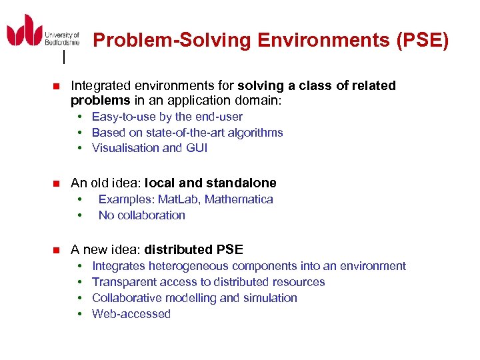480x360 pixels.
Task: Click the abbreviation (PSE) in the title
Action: tap(423, 41)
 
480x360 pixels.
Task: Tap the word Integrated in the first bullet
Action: tap(99, 85)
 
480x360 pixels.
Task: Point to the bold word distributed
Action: tap(179, 250)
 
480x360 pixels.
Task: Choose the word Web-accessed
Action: tap(131, 314)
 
